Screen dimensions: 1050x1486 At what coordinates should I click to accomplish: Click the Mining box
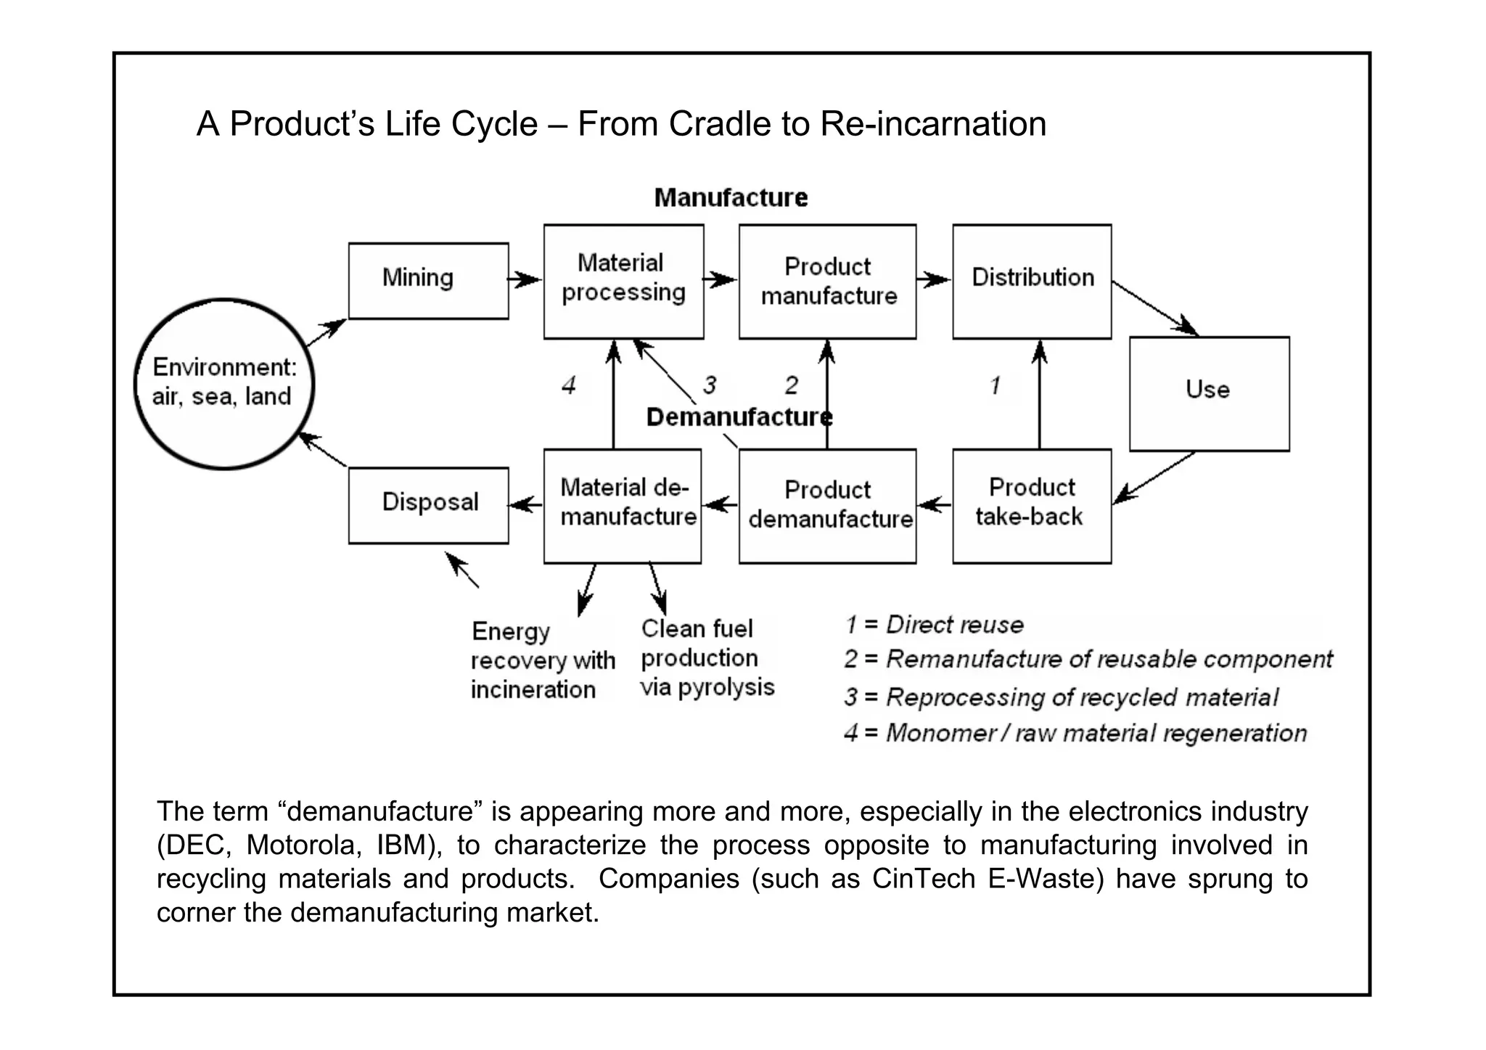point(428,280)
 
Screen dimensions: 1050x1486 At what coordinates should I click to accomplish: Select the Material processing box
point(623,281)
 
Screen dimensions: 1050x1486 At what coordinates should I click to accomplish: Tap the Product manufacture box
point(827,281)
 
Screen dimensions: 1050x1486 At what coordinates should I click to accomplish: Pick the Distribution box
point(1032,281)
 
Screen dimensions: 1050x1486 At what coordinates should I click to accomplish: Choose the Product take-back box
point(1031,505)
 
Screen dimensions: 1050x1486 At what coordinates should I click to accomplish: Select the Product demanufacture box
point(827,505)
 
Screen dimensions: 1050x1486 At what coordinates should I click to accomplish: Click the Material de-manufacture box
point(623,505)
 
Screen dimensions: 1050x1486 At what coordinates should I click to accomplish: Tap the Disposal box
point(428,505)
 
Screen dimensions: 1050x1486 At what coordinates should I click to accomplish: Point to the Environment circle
point(223,383)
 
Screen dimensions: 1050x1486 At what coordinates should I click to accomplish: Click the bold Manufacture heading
point(731,197)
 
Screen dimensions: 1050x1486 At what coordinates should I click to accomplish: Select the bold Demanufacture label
point(739,417)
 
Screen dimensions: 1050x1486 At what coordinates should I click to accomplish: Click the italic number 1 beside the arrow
point(996,385)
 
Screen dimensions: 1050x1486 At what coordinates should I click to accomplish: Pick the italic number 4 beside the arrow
point(569,385)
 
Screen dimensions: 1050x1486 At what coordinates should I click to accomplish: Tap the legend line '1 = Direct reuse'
point(934,625)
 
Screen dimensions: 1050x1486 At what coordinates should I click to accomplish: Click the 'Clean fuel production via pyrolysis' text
point(707,658)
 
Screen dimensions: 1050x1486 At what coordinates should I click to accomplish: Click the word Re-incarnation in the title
point(933,124)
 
